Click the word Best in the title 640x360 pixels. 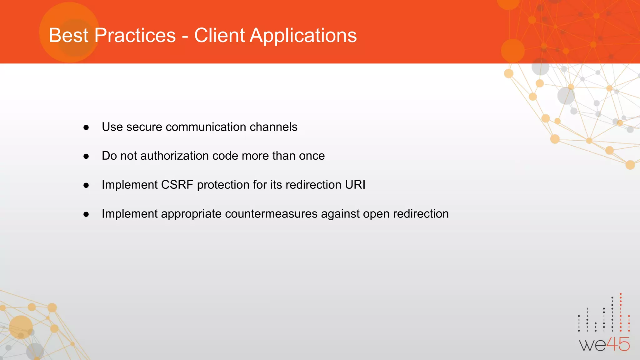point(68,35)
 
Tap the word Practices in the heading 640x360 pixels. point(135,35)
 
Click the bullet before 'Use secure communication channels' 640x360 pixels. point(86,127)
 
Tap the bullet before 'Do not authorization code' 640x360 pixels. point(86,156)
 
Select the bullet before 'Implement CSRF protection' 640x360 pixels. point(86,185)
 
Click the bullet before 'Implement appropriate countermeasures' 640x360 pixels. point(86,214)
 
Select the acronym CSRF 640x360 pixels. point(177,185)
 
